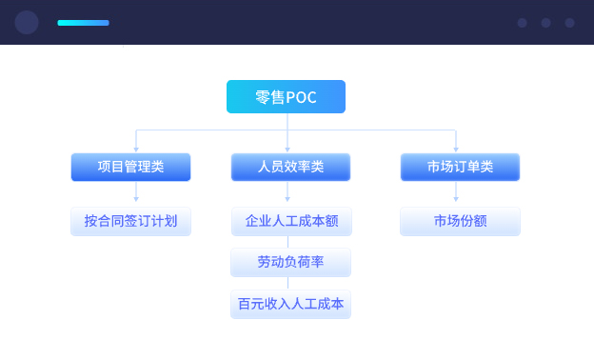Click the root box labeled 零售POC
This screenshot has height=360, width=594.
[286, 97]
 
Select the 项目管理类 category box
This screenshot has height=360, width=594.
[130, 167]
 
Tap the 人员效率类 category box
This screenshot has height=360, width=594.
[290, 167]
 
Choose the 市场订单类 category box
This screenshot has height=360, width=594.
[460, 167]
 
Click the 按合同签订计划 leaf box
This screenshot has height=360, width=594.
[130, 221]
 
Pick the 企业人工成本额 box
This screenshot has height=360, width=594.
[290, 221]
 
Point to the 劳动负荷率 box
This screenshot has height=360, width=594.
[290, 262]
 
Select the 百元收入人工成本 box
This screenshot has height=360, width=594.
[290, 305]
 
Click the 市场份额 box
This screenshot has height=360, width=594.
[460, 221]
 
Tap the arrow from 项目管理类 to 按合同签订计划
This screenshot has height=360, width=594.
[136, 193]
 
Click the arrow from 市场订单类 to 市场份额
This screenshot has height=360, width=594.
[456, 193]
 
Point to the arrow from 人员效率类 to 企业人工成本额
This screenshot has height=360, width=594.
[287, 193]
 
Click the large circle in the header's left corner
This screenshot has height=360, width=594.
[27, 22]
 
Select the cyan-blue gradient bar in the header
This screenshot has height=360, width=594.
[83, 22]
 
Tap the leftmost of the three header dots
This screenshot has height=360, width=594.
[522, 23]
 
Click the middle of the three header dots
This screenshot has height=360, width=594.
[545, 23]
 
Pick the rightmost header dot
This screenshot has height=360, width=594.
[569, 23]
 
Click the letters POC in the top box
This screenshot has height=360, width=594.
[302, 97]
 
